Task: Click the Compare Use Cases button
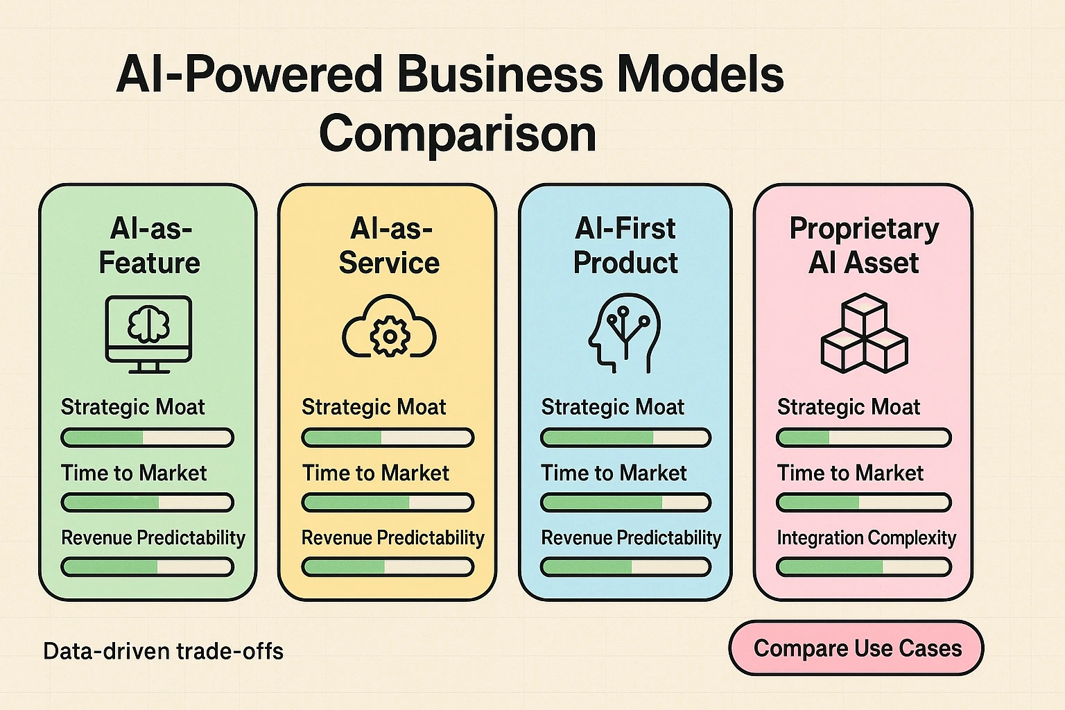pyautogui.click(x=856, y=648)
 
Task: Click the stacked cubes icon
pyautogui.click(x=864, y=333)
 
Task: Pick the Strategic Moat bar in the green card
pyautogui.click(x=147, y=438)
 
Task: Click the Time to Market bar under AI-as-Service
pyautogui.click(x=388, y=502)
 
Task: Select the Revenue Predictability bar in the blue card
pyautogui.click(x=625, y=566)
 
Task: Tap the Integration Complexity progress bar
pyautogui.click(x=863, y=566)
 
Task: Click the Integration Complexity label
pyautogui.click(x=866, y=538)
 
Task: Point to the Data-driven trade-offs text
pyautogui.click(x=163, y=652)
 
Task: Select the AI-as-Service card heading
pyautogui.click(x=389, y=245)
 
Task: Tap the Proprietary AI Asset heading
pyautogui.click(x=864, y=245)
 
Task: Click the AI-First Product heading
pyautogui.click(x=625, y=245)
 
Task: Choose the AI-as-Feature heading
pyautogui.click(x=149, y=245)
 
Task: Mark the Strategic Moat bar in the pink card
pyautogui.click(x=863, y=438)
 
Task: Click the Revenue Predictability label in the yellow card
pyautogui.click(x=392, y=538)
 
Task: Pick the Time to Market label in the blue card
pyautogui.click(x=614, y=474)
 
